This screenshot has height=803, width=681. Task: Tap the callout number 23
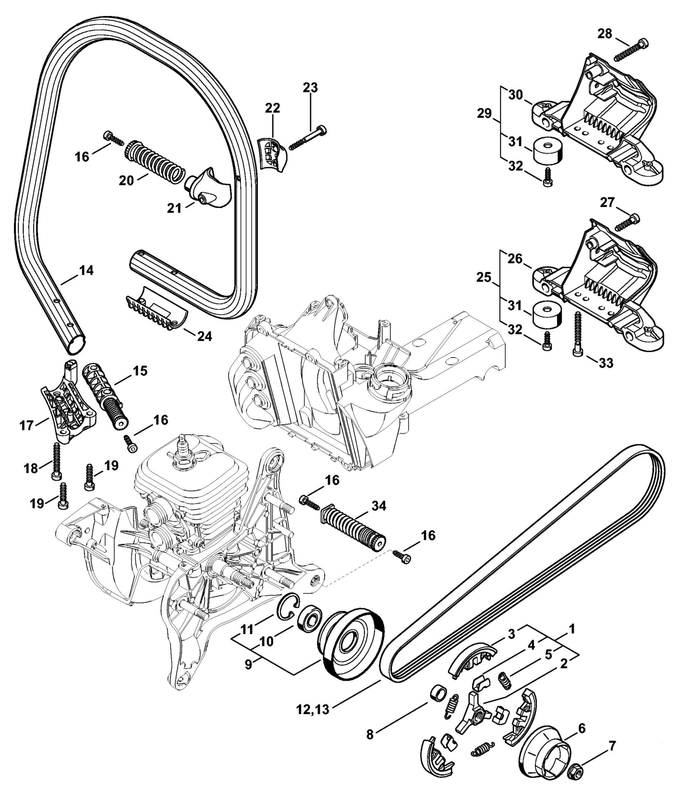[310, 88]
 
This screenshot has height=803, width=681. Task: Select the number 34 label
[379, 506]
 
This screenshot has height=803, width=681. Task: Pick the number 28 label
[605, 34]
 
